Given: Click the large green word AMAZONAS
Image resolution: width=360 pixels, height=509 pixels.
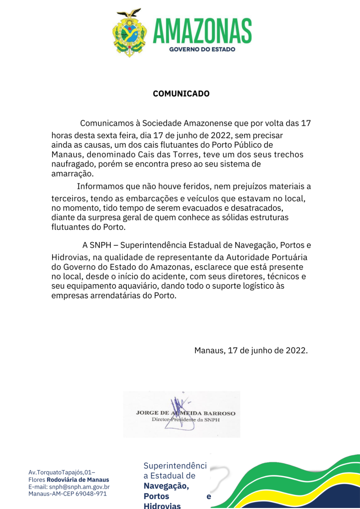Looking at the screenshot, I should [x=202, y=30].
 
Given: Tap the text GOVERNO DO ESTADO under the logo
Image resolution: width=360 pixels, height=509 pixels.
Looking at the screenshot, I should [x=202, y=50].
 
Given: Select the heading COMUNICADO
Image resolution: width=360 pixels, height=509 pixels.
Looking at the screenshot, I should [x=181, y=93].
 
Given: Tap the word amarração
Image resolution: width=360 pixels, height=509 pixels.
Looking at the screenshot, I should [x=72, y=174].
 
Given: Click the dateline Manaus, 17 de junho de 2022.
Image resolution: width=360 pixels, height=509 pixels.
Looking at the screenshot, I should [x=251, y=350].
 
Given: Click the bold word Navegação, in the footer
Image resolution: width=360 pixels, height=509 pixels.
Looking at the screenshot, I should [x=166, y=486].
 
